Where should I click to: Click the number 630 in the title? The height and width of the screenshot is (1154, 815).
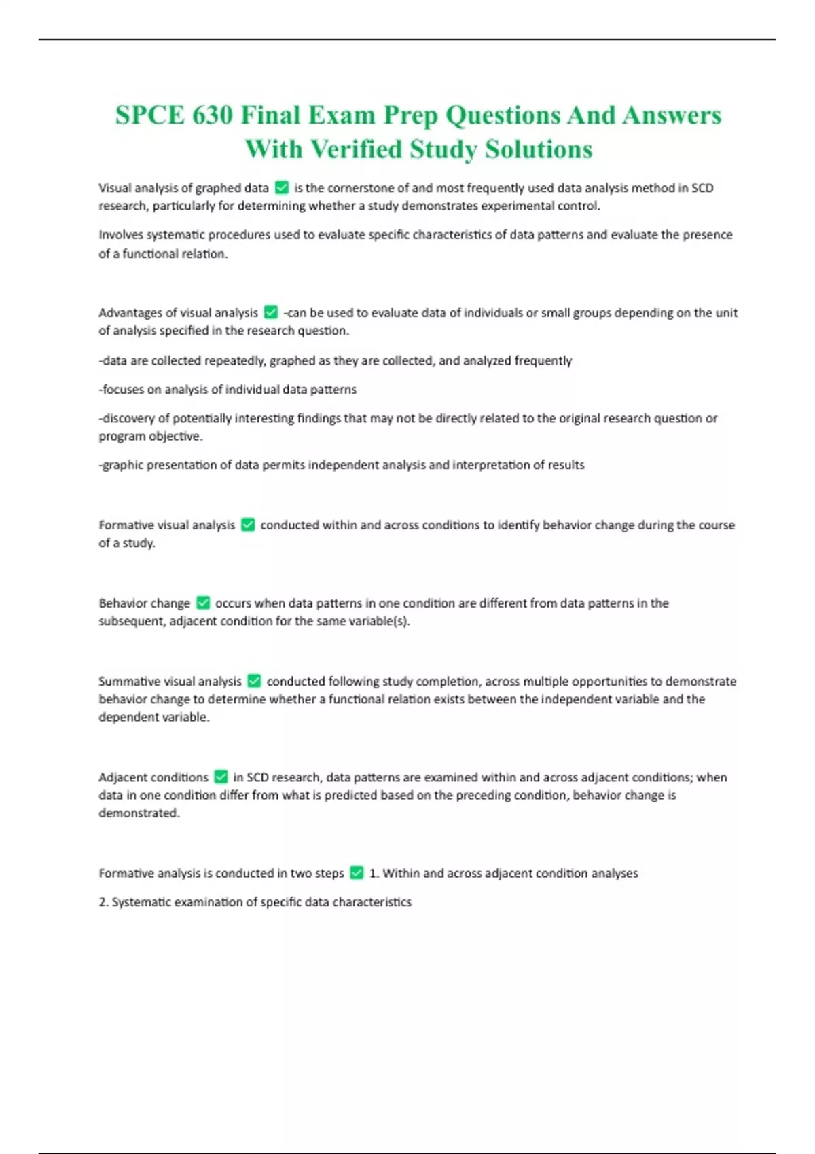(212, 115)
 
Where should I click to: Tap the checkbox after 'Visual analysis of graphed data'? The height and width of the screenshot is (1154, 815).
(282, 188)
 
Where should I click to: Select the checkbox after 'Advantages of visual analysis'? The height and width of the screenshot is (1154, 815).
(271, 312)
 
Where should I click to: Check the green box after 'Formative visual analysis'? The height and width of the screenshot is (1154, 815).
(248, 525)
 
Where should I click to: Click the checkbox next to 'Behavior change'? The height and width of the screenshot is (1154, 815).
(203, 603)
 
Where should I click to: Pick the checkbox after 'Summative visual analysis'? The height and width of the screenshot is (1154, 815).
(254, 681)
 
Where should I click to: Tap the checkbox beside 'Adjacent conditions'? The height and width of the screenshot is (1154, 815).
(221, 777)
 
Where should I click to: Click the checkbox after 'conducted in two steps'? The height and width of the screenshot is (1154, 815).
(357, 873)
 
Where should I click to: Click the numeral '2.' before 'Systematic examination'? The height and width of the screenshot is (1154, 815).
(103, 902)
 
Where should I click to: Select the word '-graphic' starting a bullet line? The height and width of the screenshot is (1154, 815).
(122, 465)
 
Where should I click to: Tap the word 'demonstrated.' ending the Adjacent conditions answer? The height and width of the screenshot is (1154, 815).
(139, 813)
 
